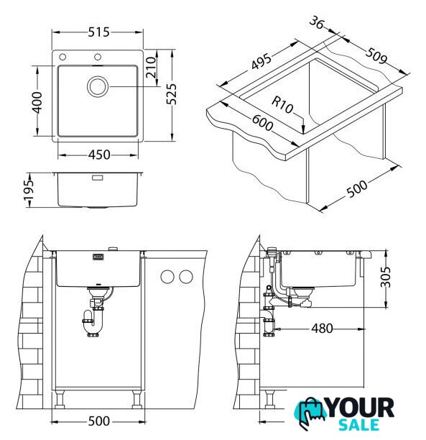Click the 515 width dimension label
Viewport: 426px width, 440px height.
coord(98,32)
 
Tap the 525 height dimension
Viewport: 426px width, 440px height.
coord(172,94)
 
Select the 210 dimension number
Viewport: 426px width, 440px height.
coord(152,68)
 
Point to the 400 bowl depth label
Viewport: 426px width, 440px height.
coord(37,102)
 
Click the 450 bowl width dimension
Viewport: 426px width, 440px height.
coord(99,155)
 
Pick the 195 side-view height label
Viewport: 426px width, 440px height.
coord(29,191)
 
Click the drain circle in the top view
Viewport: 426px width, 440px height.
coord(98,87)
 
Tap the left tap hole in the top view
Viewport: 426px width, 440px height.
coord(62,58)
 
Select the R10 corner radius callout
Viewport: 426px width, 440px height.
coord(282,105)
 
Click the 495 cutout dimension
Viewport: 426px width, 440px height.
coord(261,61)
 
